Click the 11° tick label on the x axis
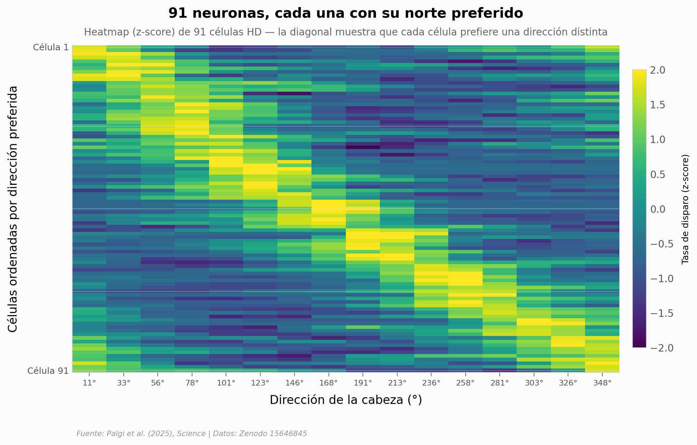[x=89, y=383]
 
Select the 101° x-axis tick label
[x=226, y=383]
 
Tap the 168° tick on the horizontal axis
[x=329, y=383]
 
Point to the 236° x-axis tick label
[x=431, y=383]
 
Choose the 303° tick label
[x=534, y=383]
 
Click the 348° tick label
[x=602, y=383]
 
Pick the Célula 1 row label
[x=51, y=47]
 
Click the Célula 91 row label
[x=48, y=371]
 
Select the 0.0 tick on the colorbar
[x=658, y=209]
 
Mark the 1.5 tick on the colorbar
[x=658, y=105]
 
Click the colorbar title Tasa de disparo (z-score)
[x=685, y=209]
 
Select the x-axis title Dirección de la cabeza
[x=345, y=400]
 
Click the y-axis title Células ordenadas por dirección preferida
[x=13, y=209]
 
